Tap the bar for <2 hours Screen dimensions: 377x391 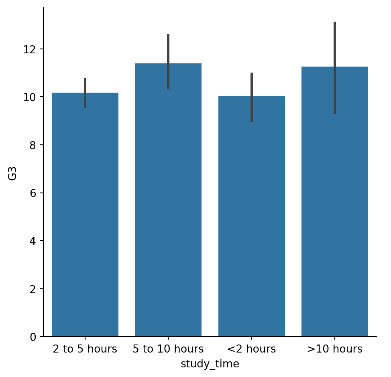pyautogui.click(x=252, y=216)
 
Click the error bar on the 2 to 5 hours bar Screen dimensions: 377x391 pyautogui.click(x=85, y=93)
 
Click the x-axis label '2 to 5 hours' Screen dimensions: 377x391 pyautogui.click(x=85, y=349)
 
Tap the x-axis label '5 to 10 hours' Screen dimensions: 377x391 pyautogui.click(x=168, y=349)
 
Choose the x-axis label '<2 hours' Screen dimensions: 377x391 pyautogui.click(x=252, y=349)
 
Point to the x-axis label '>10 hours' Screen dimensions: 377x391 pyautogui.click(x=335, y=349)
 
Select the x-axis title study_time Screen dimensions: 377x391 pyautogui.click(x=210, y=364)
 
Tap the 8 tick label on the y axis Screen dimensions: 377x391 pyautogui.click(x=33, y=145)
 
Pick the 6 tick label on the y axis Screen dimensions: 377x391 pyautogui.click(x=33, y=193)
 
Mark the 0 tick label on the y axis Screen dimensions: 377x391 pyautogui.click(x=33, y=337)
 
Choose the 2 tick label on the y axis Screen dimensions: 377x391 pyautogui.click(x=33, y=289)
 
